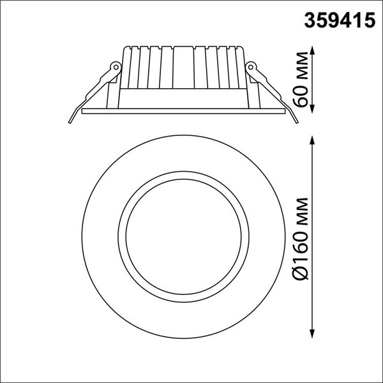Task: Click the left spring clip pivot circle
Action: click(115, 66)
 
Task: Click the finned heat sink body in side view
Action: click(183, 67)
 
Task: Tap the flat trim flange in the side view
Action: click(183, 110)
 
